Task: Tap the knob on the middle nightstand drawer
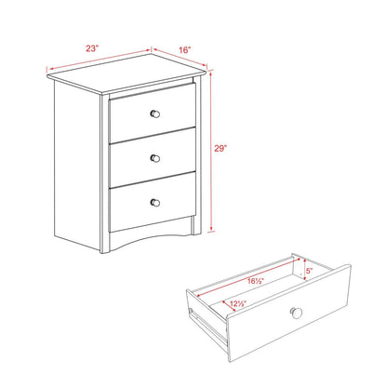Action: [x=155, y=155]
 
